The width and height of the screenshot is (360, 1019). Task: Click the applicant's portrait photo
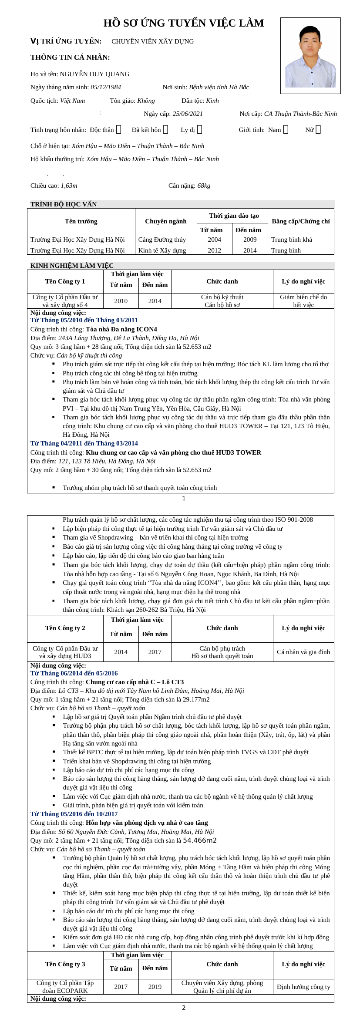(x=310, y=56)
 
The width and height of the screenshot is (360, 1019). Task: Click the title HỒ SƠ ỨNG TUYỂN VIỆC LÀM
(x=183, y=23)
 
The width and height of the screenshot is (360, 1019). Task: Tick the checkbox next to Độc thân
(x=118, y=129)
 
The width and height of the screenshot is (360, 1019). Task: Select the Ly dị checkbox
(x=199, y=129)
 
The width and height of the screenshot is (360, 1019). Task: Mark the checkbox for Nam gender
(x=286, y=129)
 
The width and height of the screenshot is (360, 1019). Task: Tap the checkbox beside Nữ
(x=318, y=129)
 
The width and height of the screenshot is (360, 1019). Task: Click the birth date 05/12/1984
(x=106, y=87)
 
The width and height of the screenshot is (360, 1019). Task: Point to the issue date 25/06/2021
(x=188, y=114)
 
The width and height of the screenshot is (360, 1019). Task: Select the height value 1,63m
(x=69, y=186)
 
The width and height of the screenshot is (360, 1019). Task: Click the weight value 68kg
(x=204, y=186)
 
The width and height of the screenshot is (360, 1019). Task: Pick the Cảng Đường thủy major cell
(x=162, y=240)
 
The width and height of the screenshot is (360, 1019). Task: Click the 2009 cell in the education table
(x=250, y=240)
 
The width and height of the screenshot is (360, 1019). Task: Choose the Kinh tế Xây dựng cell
(x=162, y=250)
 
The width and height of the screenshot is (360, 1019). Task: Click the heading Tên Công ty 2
(x=65, y=628)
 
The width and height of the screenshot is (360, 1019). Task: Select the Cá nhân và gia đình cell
(x=303, y=652)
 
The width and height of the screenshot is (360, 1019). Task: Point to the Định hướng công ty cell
(x=303, y=987)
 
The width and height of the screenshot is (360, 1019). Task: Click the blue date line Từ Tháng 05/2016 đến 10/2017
(x=74, y=814)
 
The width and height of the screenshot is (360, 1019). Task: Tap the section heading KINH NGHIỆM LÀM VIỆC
(x=72, y=266)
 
